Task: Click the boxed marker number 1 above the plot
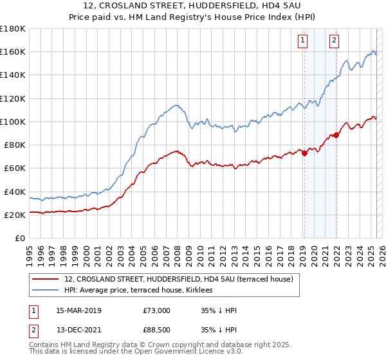point(303,40)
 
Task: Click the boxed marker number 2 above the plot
point(335,40)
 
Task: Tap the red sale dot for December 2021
point(336,135)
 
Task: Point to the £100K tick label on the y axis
point(13,122)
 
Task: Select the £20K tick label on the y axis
point(15,215)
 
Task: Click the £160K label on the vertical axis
point(13,51)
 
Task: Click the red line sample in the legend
point(46,278)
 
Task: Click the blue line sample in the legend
point(46,290)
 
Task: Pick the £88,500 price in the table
point(156,330)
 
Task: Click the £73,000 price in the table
point(156,310)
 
